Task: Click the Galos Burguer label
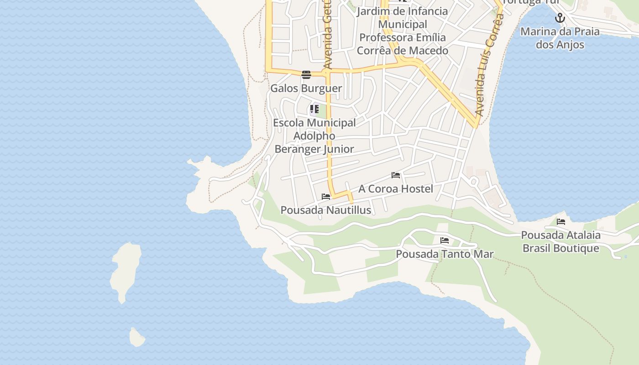pyautogui.click(x=306, y=88)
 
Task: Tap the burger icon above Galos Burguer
pyautogui.click(x=306, y=74)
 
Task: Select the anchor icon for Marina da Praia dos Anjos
pyautogui.click(x=560, y=18)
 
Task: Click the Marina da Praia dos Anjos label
pyautogui.click(x=560, y=38)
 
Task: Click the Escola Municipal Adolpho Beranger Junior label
pyautogui.click(x=314, y=136)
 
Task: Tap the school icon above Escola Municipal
pyautogui.click(x=314, y=109)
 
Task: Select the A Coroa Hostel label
pyautogui.click(x=395, y=188)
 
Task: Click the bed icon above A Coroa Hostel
pyautogui.click(x=396, y=175)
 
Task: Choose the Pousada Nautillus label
pyautogui.click(x=325, y=210)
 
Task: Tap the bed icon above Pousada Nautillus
pyautogui.click(x=326, y=197)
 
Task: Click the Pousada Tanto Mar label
pyautogui.click(x=445, y=254)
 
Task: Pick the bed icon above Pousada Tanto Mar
pyautogui.click(x=445, y=240)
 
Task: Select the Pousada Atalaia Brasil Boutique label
pyautogui.click(x=560, y=242)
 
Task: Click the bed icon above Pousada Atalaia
pyautogui.click(x=561, y=222)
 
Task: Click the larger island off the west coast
pyautogui.click(x=125, y=271)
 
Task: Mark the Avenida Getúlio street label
pyautogui.click(x=327, y=36)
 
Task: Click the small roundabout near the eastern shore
pyautogui.click(x=473, y=182)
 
